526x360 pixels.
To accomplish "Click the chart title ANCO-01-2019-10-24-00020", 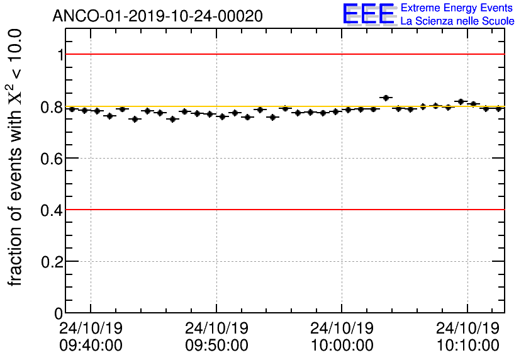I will (157, 15).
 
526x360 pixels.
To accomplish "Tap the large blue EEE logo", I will (369, 14).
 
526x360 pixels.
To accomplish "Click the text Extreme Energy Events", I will (457, 8).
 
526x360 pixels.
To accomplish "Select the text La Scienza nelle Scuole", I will (457, 21).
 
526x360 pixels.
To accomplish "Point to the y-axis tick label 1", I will (60, 55).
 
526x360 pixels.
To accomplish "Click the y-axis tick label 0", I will (60, 313).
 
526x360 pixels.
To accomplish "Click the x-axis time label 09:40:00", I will (91, 346).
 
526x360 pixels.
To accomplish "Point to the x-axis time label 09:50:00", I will (216, 346).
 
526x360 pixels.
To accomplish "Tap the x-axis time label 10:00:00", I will (342, 346).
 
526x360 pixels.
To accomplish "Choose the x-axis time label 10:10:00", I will (468, 346).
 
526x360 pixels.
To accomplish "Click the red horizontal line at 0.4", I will (283, 210).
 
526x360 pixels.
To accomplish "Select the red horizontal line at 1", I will (283, 54).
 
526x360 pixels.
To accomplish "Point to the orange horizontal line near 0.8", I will (283, 106).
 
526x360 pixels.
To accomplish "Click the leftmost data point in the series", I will (72, 109).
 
